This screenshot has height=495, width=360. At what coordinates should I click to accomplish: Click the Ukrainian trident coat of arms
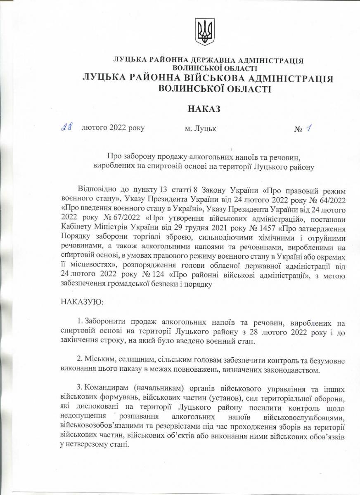pyautogui.click(x=203, y=32)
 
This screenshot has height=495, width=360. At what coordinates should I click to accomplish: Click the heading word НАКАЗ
pyautogui.click(x=204, y=109)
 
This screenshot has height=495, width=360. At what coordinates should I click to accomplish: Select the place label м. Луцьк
pyautogui.click(x=201, y=129)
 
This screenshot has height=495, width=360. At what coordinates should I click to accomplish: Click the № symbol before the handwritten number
pyautogui.click(x=298, y=130)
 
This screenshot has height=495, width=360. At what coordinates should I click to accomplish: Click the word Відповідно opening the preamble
pyautogui.click(x=97, y=191)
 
